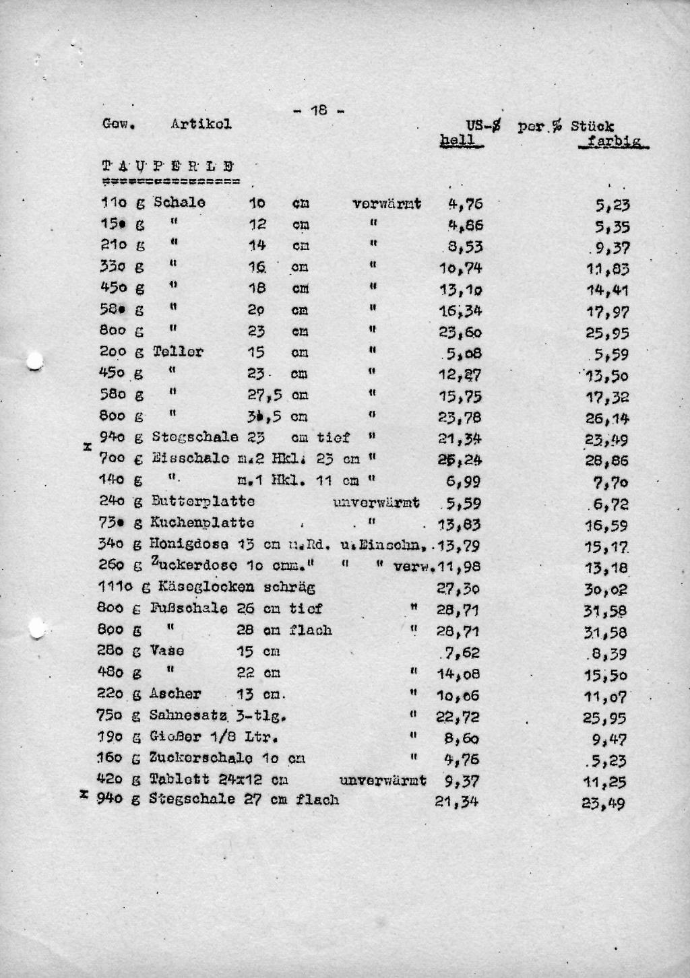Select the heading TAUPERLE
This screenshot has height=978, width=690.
click(168, 166)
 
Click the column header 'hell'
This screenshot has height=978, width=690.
click(458, 140)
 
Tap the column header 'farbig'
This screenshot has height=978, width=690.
click(614, 141)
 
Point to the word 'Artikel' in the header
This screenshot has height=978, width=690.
click(201, 124)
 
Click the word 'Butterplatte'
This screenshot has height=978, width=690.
click(203, 501)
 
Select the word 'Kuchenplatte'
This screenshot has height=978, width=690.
click(202, 523)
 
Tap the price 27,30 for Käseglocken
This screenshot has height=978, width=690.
click(458, 588)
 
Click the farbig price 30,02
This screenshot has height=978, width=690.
click(605, 589)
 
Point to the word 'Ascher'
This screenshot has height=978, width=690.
click(175, 694)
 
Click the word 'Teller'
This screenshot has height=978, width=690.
click(178, 352)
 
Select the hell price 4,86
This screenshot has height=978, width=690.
click(466, 225)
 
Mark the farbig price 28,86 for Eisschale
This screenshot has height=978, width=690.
click(606, 461)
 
